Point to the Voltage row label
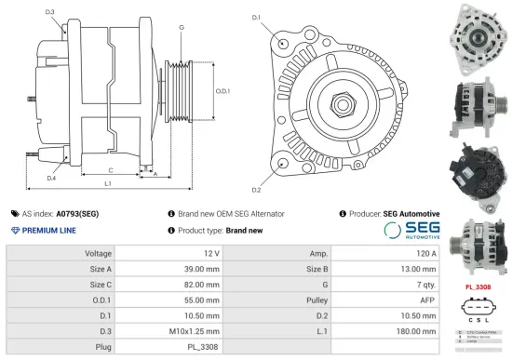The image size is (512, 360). [99, 253]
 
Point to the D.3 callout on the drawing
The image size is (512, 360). [49, 12]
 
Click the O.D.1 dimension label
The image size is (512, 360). [222, 91]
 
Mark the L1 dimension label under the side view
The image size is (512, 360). [108, 183]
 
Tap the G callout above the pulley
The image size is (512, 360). [181, 29]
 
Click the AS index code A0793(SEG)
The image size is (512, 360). [76, 213]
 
